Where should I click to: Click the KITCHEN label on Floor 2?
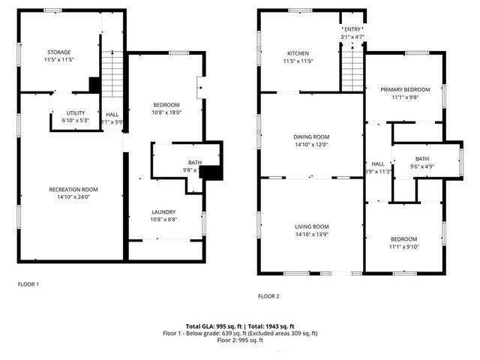pos(298,53)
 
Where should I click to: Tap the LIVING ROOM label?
pos(311,226)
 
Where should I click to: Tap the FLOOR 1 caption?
pos(28,284)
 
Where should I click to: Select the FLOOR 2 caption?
pos(268,296)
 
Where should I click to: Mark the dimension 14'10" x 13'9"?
pos(311,235)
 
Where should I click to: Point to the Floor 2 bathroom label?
pos(422,158)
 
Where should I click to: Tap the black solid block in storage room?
pos(94,85)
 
